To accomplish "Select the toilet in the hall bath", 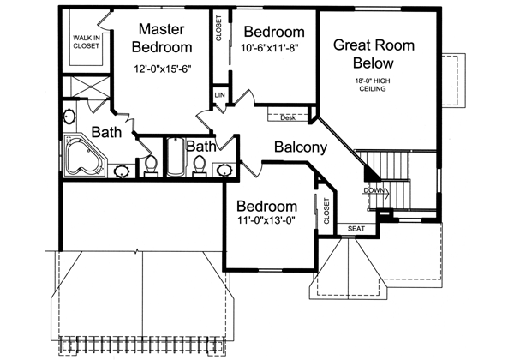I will point(200,165).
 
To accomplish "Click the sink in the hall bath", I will point(225,169).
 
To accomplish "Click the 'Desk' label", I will point(286,117).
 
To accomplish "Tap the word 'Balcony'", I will point(300,147).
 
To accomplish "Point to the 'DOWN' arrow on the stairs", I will point(374,190).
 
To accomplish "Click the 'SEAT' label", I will point(356,229).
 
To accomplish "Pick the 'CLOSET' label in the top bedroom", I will point(219,30).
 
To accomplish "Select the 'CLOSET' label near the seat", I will point(326,210).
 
